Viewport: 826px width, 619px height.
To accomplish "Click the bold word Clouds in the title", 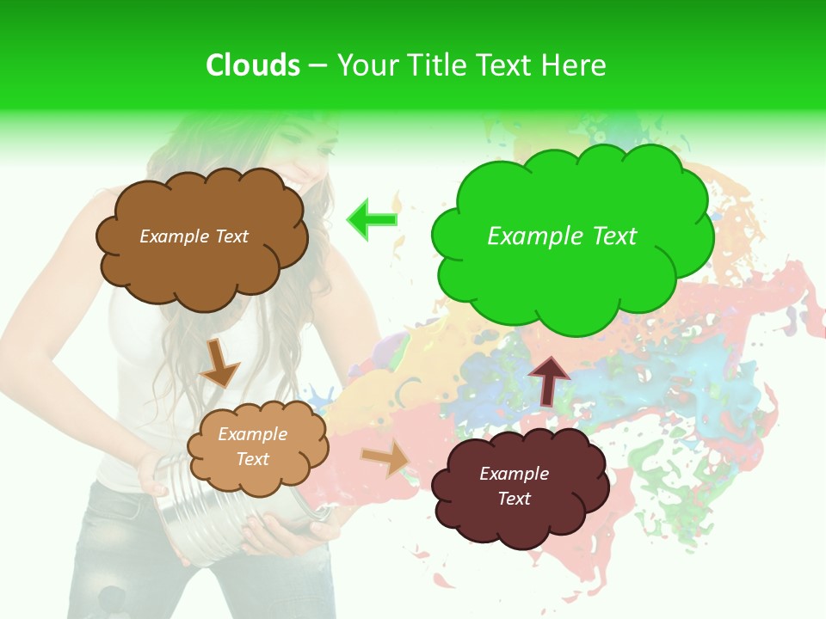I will tap(253, 65).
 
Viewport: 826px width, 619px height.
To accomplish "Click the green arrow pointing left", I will tap(372, 219).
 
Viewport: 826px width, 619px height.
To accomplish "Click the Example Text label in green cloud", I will tap(562, 236).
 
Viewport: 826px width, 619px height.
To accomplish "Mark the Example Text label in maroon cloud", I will tap(514, 487).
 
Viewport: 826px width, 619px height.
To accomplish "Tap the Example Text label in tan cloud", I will tap(252, 447).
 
